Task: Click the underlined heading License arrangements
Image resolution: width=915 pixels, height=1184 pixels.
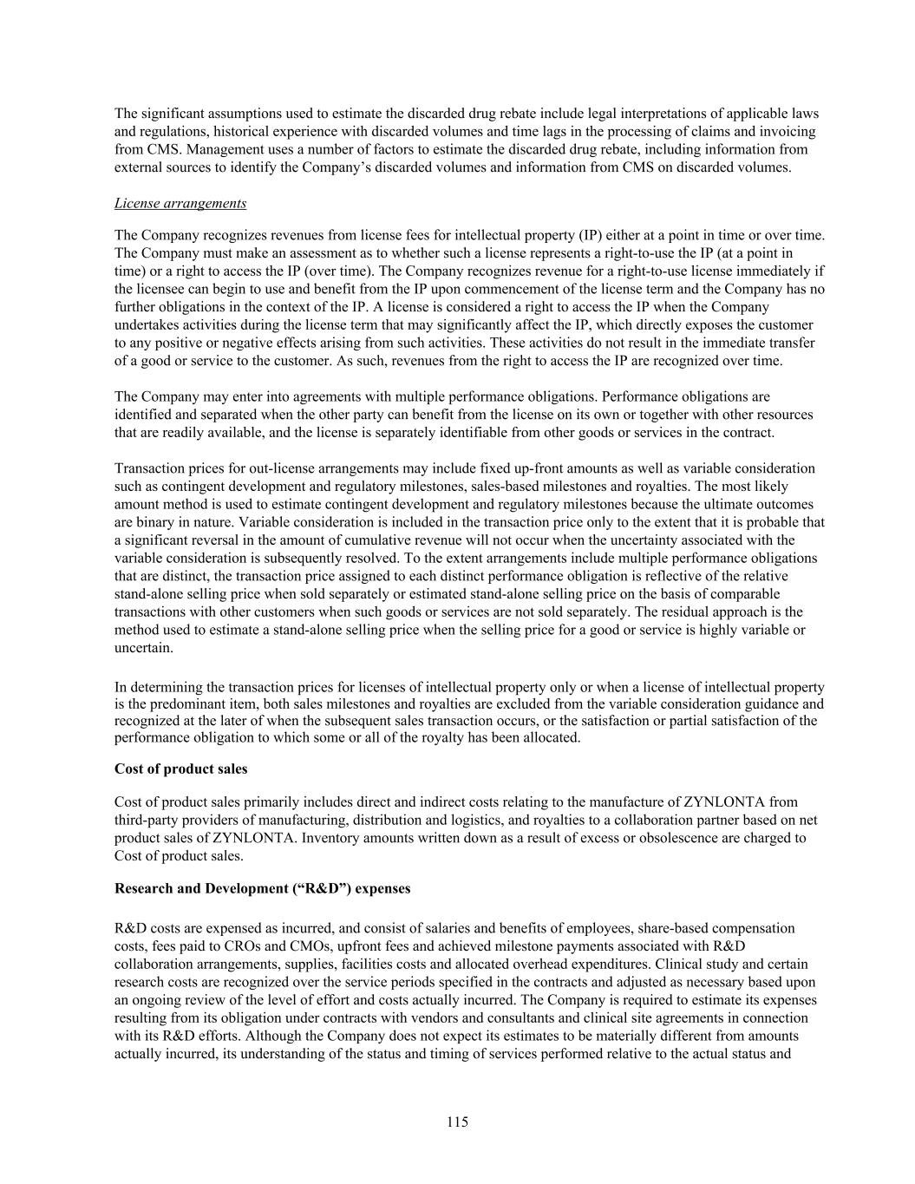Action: (x=180, y=203)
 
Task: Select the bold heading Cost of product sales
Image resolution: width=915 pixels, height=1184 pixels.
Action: (x=180, y=769)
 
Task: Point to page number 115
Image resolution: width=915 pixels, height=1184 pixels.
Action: (x=457, y=1122)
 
